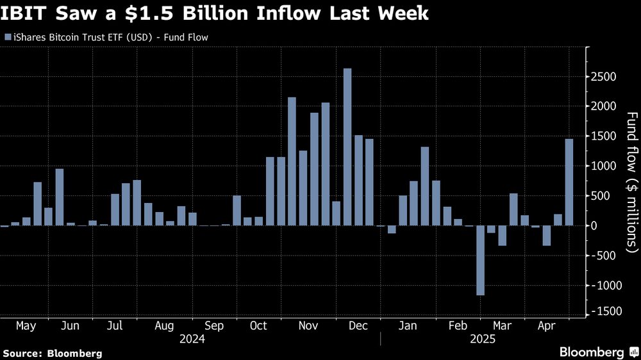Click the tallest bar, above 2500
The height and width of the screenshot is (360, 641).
pos(347,147)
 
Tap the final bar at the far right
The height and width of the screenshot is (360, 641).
pos(569,182)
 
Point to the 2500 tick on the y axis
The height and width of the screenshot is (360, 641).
pos(604,77)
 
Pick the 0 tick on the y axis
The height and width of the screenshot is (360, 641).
pos(595,225)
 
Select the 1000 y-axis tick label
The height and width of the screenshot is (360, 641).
pos(604,166)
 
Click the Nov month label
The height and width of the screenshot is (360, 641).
pos(308,326)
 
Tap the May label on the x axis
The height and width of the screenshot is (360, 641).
pos(26,326)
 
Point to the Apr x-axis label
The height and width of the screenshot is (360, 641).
pos(546,326)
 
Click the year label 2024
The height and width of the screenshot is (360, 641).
pos(192,338)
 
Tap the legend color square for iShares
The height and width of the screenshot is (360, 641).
pos(7,37)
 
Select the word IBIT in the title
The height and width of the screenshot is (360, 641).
pos(25,13)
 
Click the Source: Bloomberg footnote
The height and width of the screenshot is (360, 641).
pos(53,353)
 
